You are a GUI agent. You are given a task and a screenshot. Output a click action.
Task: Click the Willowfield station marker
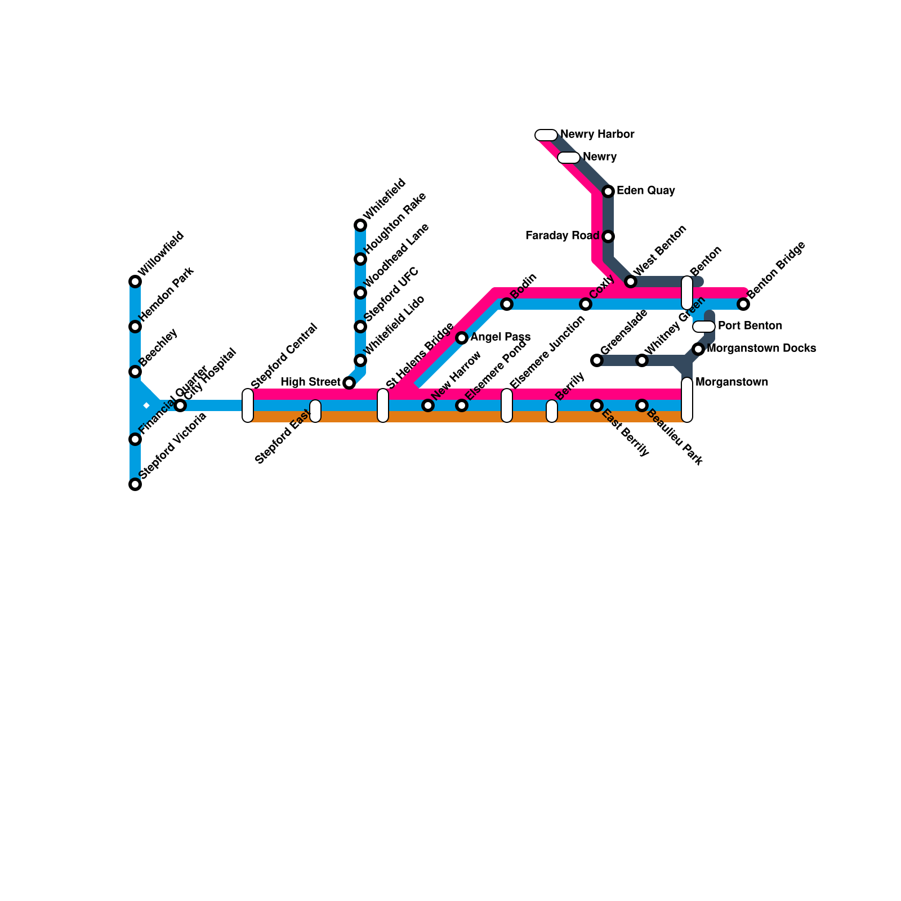click(x=135, y=282)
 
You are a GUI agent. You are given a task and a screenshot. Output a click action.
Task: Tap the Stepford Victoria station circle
click(x=135, y=484)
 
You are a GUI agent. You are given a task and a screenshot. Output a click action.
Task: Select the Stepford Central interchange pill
click(x=248, y=405)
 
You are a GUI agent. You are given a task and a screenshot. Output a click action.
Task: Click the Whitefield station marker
click(x=360, y=225)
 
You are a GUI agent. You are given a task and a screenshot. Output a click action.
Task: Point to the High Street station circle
click(x=349, y=383)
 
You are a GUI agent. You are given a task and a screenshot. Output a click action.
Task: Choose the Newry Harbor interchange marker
click(x=546, y=135)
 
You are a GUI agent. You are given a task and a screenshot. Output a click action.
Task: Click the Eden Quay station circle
click(x=608, y=191)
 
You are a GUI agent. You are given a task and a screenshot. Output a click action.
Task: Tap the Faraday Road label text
click(x=561, y=236)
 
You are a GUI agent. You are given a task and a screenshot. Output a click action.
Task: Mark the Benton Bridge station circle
click(x=743, y=304)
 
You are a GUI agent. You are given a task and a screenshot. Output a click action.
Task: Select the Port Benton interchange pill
click(x=704, y=327)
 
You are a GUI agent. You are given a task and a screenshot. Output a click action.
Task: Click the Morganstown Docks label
click(x=761, y=349)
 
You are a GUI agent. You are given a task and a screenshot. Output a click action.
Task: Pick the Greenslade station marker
click(x=597, y=360)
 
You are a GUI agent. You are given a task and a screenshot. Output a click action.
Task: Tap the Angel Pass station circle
click(x=462, y=338)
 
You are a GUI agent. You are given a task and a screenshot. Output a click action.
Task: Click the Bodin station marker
click(x=507, y=304)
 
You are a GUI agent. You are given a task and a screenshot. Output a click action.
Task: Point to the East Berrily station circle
click(x=597, y=405)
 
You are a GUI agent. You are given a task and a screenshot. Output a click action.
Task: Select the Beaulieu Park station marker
click(x=642, y=405)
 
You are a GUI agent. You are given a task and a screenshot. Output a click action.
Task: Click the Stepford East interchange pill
click(x=315, y=411)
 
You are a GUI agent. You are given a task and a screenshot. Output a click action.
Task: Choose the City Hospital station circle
click(x=180, y=405)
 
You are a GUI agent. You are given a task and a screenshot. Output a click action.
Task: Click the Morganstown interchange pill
click(x=687, y=400)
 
